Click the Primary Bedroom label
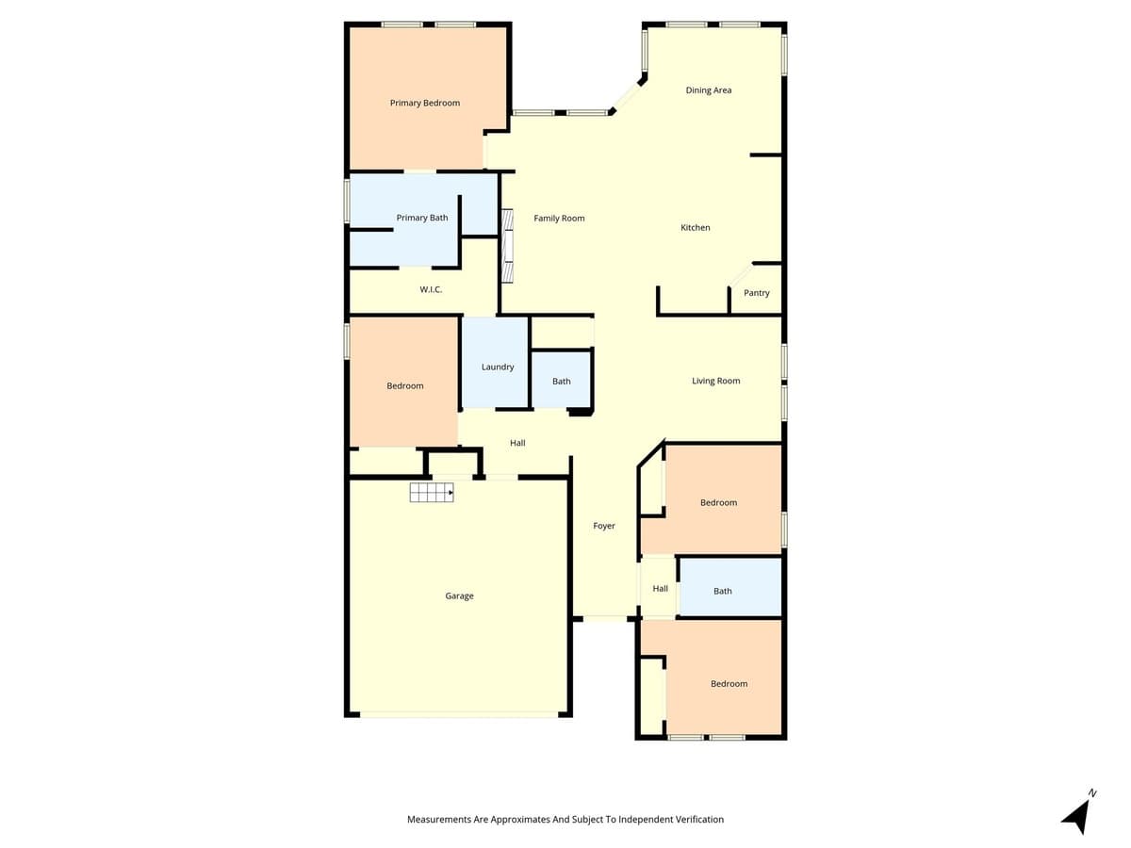coord(425,103)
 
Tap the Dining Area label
coord(709,90)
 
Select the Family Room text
coord(559,219)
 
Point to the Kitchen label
coord(696,228)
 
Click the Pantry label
coord(757,293)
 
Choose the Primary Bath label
coord(422,218)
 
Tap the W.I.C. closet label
coord(431,289)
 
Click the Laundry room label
coord(498,367)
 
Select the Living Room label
coord(716,381)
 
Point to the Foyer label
coord(604,526)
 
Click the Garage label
coord(460,595)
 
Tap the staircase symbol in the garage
coord(431,492)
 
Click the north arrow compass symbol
coord(1078,813)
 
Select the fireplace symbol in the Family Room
coord(507,246)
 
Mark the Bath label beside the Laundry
coord(562,382)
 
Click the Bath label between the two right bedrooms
coord(723,591)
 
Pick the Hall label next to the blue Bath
coord(660,589)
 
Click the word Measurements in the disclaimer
coord(439,820)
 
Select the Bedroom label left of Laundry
coord(405,385)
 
